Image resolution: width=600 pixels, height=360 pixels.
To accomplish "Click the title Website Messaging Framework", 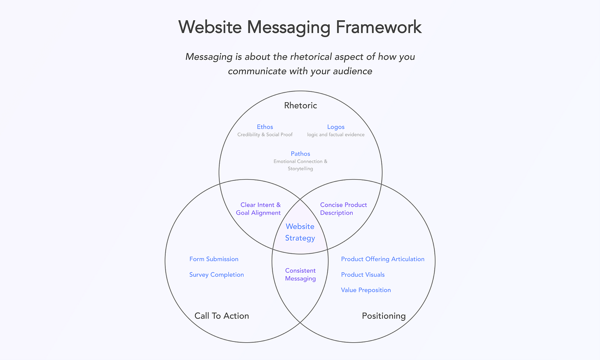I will pyautogui.click(x=300, y=27).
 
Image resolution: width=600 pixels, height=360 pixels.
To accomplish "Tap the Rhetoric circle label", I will pyautogui.click(x=300, y=105).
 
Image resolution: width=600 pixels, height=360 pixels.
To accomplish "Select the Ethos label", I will pyautogui.click(x=265, y=127).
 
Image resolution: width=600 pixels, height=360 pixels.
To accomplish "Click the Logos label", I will pyautogui.click(x=336, y=127).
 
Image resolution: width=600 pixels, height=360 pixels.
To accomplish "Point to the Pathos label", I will pyautogui.click(x=300, y=154).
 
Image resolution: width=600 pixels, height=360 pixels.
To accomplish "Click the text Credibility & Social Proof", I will pyautogui.click(x=265, y=135).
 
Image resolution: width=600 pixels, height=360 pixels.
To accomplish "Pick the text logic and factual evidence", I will pyautogui.click(x=336, y=135).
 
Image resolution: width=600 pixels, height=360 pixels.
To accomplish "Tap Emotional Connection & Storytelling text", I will pyautogui.click(x=300, y=165).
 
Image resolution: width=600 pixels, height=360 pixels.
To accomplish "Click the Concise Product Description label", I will pyautogui.click(x=343, y=209).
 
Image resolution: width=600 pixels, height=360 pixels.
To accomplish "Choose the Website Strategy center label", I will pyautogui.click(x=300, y=232).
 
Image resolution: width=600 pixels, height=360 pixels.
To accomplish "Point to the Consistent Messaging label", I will pyautogui.click(x=300, y=274).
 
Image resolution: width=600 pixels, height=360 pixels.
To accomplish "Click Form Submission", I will pyautogui.click(x=214, y=259).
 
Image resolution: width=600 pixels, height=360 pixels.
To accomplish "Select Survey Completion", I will pyautogui.click(x=216, y=275).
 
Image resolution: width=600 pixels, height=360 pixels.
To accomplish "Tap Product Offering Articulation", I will pyautogui.click(x=382, y=259).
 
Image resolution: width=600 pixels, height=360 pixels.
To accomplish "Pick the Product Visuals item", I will pyautogui.click(x=363, y=275).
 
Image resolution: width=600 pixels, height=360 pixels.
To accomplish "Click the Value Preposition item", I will pyautogui.click(x=366, y=290).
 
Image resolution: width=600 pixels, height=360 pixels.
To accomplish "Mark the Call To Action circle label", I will pyautogui.click(x=222, y=316).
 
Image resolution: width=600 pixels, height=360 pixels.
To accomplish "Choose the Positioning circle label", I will pyautogui.click(x=384, y=316).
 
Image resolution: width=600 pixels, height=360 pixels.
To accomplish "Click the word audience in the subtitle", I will pyautogui.click(x=352, y=71).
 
